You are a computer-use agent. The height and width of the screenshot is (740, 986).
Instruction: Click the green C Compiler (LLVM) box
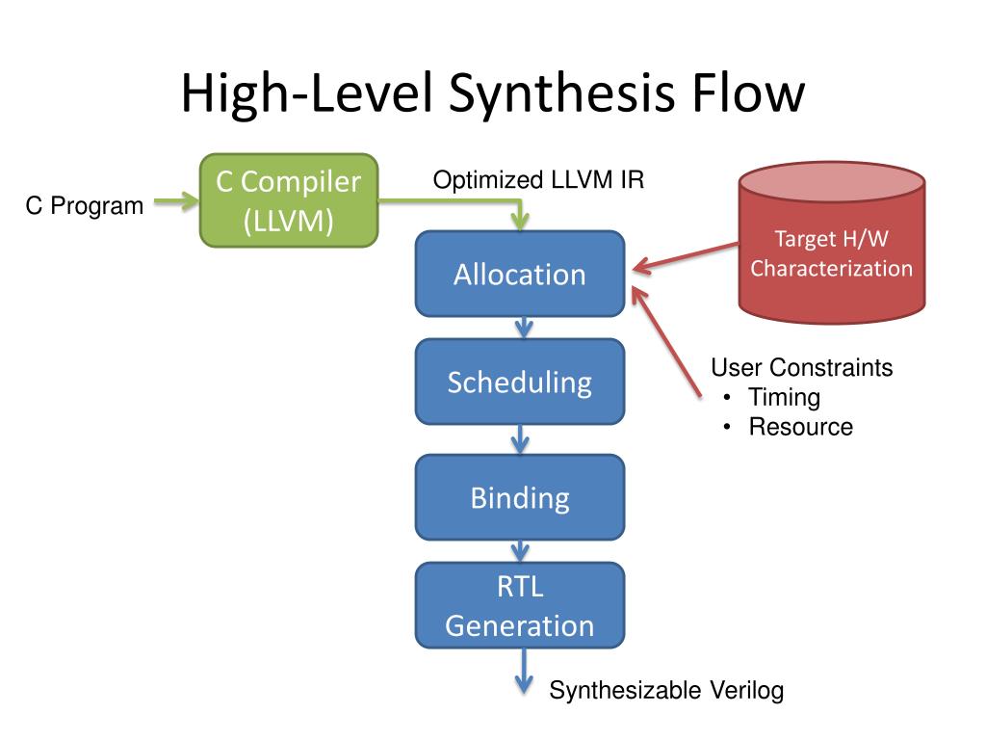289,200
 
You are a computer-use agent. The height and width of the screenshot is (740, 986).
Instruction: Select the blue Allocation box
520,274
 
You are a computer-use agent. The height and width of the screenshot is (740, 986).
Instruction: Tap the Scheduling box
520,382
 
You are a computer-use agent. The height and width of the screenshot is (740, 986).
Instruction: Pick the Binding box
520,497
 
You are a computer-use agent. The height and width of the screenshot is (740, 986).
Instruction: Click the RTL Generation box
520,605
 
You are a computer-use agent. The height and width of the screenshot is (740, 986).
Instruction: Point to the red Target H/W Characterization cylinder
831,243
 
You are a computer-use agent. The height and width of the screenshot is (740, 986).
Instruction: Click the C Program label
85,206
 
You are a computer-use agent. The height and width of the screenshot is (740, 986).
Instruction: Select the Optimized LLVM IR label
539,180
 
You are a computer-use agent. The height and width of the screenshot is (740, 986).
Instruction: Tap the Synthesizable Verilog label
666,690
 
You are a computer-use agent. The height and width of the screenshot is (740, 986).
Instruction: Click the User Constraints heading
802,367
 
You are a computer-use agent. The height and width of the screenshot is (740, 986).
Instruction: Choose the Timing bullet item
784,398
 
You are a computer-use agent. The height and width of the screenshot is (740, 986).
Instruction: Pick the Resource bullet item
801,427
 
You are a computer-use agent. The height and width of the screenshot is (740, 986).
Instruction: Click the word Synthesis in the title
562,93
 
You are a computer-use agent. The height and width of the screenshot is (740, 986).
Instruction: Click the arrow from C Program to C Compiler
177,201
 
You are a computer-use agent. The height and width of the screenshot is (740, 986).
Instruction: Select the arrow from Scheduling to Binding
520,439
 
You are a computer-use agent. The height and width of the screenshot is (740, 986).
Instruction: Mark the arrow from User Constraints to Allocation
666,342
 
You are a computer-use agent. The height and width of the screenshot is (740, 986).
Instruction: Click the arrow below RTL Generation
524,671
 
